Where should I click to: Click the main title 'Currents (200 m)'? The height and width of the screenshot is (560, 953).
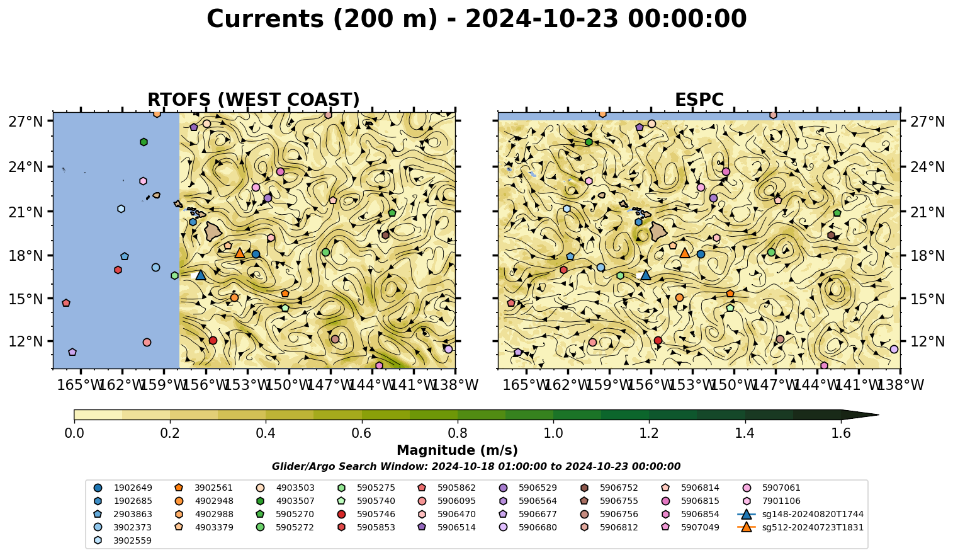[322, 20]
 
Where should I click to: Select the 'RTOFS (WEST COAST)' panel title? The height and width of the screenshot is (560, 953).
[254, 100]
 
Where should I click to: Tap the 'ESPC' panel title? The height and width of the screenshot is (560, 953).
[699, 100]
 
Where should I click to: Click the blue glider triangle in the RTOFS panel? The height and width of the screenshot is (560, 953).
[200, 275]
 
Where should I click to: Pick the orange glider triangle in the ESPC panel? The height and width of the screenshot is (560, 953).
[685, 253]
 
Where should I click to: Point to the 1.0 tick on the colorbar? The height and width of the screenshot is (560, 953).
[553, 421]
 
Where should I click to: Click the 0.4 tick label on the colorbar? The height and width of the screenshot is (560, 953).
[266, 433]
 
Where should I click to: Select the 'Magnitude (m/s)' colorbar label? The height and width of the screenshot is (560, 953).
[457, 450]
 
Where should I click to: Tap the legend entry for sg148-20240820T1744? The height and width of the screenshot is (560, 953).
[800, 514]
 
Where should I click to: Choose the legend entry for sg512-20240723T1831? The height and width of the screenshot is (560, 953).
[800, 527]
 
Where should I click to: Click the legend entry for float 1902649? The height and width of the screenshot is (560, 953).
[123, 488]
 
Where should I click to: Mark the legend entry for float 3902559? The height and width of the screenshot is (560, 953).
[123, 540]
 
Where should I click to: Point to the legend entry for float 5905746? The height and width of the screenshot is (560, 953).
[366, 514]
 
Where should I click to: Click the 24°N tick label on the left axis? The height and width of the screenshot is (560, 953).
[26, 166]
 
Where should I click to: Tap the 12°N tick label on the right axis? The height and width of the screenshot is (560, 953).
[927, 341]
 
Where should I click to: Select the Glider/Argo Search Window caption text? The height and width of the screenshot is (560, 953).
[476, 466]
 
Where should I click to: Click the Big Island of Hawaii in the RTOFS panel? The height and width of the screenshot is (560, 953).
[213, 231]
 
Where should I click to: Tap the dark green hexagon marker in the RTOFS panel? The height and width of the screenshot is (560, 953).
[144, 142]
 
